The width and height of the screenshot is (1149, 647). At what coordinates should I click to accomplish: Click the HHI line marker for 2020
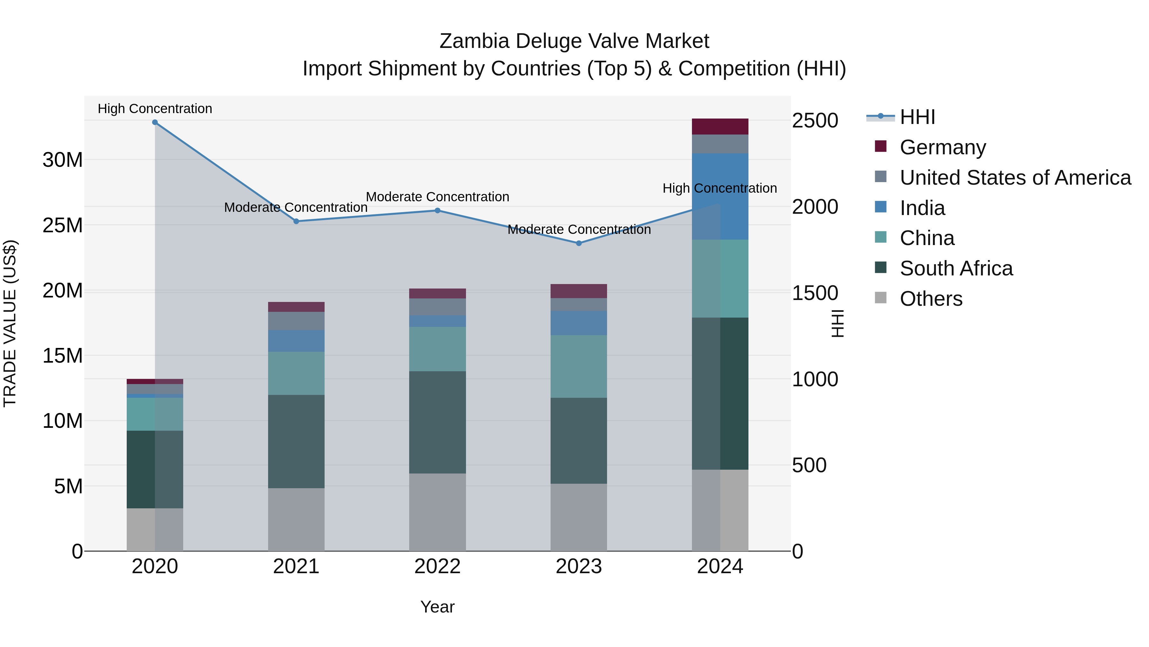coord(155,122)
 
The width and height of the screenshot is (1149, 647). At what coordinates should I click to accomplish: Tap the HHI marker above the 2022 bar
coord(438,210)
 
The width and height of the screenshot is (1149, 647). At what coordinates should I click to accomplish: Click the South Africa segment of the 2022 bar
coord(438,422)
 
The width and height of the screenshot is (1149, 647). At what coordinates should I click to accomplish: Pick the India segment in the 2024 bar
coord(720,196)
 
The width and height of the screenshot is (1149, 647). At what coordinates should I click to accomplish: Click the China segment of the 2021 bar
coord(296,373)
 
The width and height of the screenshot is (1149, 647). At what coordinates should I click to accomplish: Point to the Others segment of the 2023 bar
coord(579,517)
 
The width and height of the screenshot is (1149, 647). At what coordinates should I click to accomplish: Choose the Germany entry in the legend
coord(942,147)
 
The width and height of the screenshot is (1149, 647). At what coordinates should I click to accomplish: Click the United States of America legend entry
coord(1015,178)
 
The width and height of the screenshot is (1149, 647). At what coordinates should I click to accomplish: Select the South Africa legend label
coord(956,268)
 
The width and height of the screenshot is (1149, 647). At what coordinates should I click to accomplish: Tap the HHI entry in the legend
coord(917,117)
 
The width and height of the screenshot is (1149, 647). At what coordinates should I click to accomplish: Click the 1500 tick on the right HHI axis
coord(815,293)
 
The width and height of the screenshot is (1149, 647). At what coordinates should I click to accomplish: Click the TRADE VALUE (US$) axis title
coord(10,323)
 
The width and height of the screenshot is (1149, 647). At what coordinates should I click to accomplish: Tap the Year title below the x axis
coord(437,607)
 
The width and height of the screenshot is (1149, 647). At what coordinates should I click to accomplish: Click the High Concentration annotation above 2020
coord(155,109)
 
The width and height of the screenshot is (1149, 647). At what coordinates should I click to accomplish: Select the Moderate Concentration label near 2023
coord(579,229)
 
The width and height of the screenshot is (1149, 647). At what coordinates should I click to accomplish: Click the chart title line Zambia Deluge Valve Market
coord(574,41)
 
